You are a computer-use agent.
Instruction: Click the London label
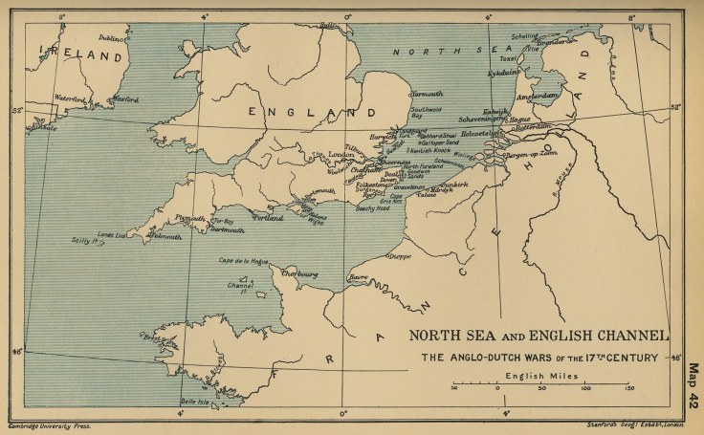pos(341,154)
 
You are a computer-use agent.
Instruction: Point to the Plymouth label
pos(190,218)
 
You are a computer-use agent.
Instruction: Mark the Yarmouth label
pos(427,94)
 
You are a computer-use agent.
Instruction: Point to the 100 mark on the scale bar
pos(584,389)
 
